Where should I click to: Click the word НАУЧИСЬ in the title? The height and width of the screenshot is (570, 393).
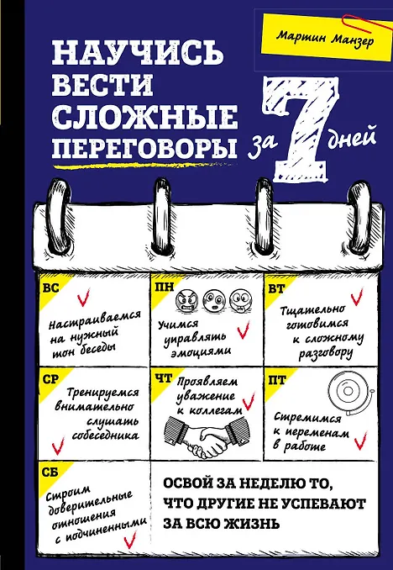click(x=137, y=52)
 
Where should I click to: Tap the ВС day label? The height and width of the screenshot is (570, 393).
click(x=51, y=288)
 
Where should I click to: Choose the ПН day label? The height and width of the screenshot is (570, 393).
click(x=165, y=288)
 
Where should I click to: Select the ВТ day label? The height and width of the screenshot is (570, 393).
click(x=276, y=289)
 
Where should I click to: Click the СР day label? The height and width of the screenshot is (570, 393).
click(x=51, y=380)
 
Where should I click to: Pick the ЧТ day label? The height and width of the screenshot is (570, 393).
click(x=164, y=379)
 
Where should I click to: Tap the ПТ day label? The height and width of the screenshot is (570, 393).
click(x=277, y=380)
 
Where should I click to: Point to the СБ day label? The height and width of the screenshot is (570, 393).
click(x=50, y=472)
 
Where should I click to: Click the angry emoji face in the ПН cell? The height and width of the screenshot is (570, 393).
click(x=186, y=302)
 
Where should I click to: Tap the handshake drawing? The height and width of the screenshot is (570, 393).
click(x=207, y=435)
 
